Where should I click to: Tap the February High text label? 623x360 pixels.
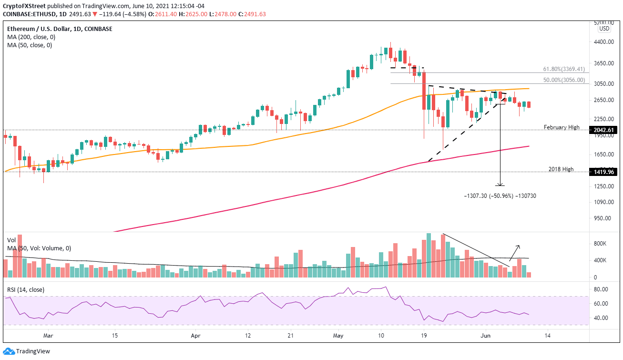pyautogui.click(x=562, y=127)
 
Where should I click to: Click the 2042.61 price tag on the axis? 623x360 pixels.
pyautogui.click(x=604, y=130)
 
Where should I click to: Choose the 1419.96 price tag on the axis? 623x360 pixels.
pyautogui.click(x=604, y=172)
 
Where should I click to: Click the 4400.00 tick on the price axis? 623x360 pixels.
pyautogui.click(x=603, y=42)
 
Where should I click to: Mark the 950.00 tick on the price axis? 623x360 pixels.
pyautogui.click(x=602, y=218)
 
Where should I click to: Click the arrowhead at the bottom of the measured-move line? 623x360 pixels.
pyautogui.click(x=500, y=185)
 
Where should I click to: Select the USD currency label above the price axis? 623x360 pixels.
pyautogui.click(x=604, y=28)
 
